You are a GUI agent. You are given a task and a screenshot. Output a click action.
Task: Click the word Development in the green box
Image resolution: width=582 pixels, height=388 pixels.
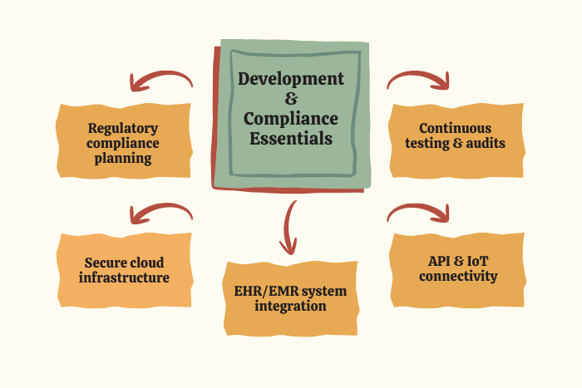[290, 79]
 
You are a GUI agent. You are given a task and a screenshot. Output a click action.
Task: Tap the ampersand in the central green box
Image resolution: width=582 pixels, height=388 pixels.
[290, 99]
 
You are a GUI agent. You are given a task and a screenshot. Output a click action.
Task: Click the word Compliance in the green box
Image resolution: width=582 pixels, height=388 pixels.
[290, 119]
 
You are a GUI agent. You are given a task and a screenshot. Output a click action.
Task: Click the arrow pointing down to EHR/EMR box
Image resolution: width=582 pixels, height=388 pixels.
[289, 226]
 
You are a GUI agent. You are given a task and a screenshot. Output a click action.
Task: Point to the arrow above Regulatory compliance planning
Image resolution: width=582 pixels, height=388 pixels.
[160, 81]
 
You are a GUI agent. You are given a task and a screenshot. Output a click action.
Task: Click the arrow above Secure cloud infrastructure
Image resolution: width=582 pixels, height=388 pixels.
[160, 214]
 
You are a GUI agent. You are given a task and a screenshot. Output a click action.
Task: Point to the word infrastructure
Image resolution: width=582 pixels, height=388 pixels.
[124, 277]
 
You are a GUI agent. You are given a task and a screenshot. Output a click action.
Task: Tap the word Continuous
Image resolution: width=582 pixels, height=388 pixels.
[456, 129]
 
